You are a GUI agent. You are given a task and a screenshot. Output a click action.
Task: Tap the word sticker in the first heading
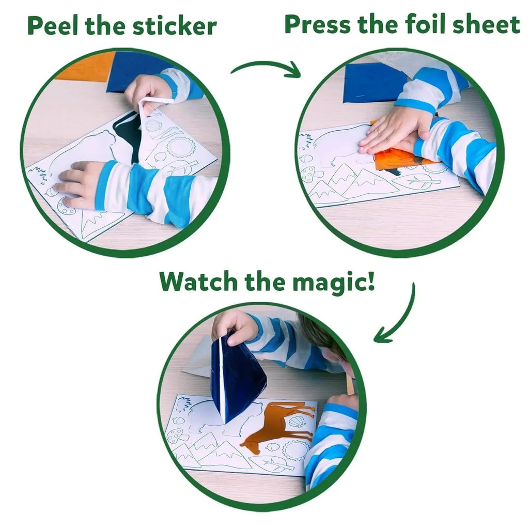pos(173,26)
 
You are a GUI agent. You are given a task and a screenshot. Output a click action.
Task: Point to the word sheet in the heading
pos(490,24)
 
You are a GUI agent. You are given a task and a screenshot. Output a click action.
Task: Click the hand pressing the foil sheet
pos(393,129)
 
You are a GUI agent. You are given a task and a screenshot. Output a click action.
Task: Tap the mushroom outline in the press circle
pos(311,175)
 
